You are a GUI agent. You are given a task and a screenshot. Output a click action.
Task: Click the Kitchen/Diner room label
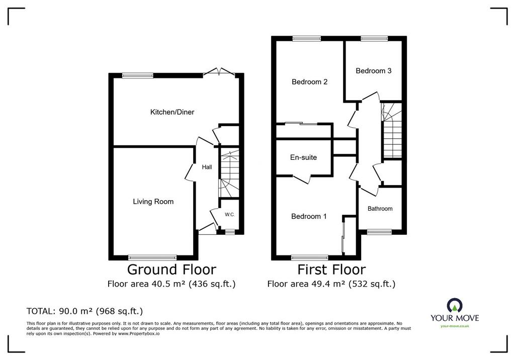pos(172,112)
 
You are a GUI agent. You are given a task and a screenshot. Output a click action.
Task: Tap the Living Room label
pos(153,202)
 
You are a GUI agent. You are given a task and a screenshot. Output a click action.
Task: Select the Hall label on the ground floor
pos(207,167)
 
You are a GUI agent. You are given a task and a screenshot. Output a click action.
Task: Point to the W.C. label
pos(229,215)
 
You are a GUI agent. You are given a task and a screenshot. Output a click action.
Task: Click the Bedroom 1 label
pos(309,216)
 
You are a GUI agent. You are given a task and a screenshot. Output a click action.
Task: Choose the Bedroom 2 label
pos(309,82)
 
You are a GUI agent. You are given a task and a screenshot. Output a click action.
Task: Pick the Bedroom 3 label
pos(374,70)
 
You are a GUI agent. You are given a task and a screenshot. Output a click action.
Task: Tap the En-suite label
pos(303,157)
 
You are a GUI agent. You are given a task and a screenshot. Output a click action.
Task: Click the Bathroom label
pos(380,209)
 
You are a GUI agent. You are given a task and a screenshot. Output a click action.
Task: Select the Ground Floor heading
pos(171,269)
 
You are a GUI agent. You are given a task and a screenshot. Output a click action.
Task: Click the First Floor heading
pos(331,269)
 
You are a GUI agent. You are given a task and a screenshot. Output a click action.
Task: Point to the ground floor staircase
pos(229,173)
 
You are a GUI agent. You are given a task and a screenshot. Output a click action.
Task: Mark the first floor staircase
pos(391,130)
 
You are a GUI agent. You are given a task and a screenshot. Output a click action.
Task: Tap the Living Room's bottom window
pos(152,257)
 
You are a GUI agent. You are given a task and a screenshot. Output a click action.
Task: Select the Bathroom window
pos(379,232)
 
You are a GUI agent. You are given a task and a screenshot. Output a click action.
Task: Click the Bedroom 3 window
pos(374,38)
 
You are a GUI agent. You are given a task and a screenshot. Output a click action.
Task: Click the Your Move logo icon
pos(455,306)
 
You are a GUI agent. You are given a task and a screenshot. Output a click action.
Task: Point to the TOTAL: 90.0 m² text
pos(84,311)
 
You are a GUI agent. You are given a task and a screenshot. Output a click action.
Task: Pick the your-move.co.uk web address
pos(455,326)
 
